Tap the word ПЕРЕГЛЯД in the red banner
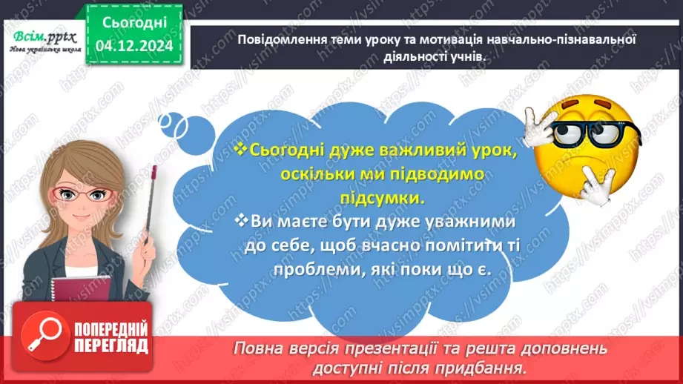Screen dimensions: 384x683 [110, 345]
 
